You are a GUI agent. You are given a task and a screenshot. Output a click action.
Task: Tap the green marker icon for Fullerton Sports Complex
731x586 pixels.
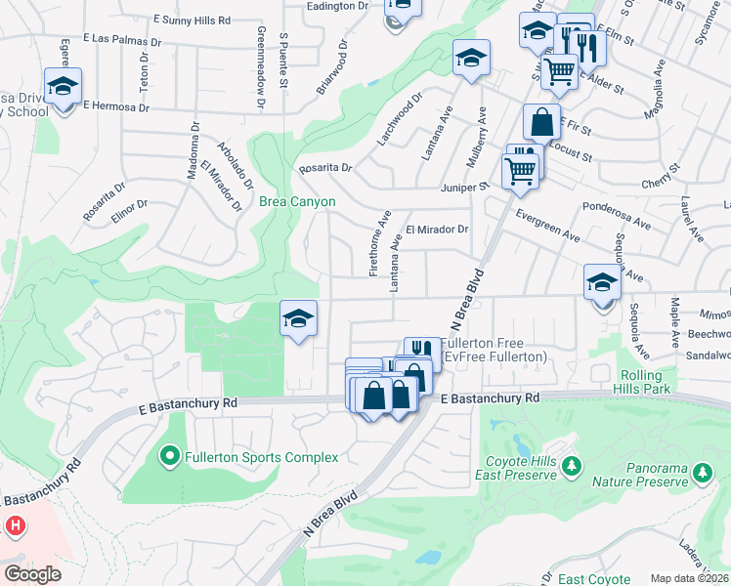pos(169,456)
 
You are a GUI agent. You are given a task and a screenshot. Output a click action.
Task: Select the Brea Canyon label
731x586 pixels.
pos(297,202)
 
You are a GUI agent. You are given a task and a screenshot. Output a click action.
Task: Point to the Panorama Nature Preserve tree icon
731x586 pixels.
pos(701,474)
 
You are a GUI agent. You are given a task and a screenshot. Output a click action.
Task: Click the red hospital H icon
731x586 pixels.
pos(15,525)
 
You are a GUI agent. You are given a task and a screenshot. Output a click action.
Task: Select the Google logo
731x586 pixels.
pos(32,574)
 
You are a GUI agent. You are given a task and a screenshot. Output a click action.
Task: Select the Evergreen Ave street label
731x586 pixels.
pos(547,226)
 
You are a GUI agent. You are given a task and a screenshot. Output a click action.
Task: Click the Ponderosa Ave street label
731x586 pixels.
pos(617,215)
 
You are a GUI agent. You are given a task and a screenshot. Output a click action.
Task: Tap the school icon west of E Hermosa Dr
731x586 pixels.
pos(64,87)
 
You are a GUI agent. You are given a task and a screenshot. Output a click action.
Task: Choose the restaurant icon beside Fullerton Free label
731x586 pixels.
pos(422,350)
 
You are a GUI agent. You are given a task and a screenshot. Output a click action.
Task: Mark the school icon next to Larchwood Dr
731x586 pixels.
pos(471,58)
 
